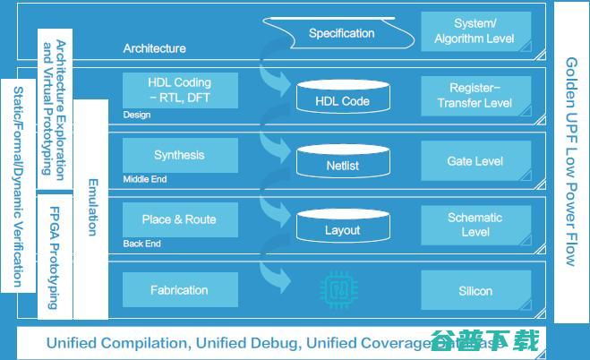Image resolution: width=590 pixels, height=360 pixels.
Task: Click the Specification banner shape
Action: pyautogui.click(x=342, y=34)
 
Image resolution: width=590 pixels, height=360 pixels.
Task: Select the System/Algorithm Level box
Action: pyautogui.click(x=475, y=32)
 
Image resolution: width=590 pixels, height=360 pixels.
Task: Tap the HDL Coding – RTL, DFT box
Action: pyautogui.click(x=180, y=90)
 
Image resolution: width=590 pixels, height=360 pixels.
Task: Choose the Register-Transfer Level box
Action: pyautogui.click(x=475, y=95)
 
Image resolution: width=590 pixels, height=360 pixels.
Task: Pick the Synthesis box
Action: pyautogui.click(x=180, y=155)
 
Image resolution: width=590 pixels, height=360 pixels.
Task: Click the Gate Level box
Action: pyautogui.click(x=475, y=161)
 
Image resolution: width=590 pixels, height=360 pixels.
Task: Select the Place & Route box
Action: pyautogui.click(x=180, y=219)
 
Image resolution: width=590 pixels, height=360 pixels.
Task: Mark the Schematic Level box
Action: pyautogui.click(x=475, y=224)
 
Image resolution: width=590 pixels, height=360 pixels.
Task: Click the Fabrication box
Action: pyautogui.click(x=180, y=290)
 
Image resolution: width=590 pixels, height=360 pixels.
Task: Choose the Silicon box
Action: pyautogui.click(x=475, y=291)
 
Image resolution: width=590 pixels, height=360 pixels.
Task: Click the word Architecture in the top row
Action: pyautogui.click(x=155, y=48)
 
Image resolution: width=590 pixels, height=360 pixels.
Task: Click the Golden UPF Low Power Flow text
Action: pyautogui.click(x=570, y=161)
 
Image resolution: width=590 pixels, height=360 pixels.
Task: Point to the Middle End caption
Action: pyautogui.click(x=145, y=180)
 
